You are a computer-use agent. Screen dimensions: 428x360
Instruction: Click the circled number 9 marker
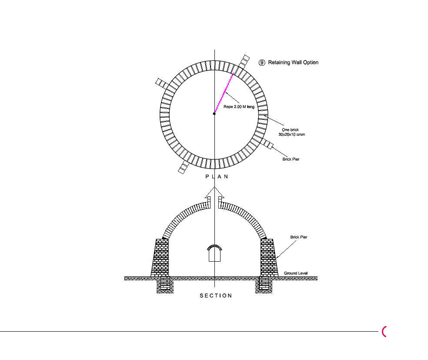(262, 63)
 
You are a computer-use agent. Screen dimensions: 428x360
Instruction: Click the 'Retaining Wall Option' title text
(293, 63)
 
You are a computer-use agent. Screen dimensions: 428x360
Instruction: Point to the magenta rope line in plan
(224, 94)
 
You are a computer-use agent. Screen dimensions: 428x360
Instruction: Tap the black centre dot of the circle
(214, 114)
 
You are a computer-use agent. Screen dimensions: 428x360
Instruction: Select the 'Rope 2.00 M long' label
(239, 107)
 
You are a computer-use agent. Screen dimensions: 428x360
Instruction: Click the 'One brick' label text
(290, 130)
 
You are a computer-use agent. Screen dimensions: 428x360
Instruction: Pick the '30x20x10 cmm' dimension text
(291, 135)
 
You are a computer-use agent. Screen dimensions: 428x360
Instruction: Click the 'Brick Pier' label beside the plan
(291, 159)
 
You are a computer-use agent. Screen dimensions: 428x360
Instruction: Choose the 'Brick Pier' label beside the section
(299, 237)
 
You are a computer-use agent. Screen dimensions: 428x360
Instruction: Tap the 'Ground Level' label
(296, 273)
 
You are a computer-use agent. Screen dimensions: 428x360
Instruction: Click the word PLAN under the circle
(217, 177)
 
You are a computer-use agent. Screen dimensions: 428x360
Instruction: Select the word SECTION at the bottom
(216, 296)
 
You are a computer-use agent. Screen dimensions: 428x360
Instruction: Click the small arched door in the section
(214, 253)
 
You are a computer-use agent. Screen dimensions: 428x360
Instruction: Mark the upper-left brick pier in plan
(162, 83)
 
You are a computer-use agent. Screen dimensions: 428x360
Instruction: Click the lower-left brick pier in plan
(184, 167)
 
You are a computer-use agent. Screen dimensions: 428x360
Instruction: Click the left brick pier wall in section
(160, 258)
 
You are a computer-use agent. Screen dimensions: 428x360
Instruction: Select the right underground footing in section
(264, 285)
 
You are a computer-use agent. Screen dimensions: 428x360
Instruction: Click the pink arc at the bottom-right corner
(384, 332)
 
